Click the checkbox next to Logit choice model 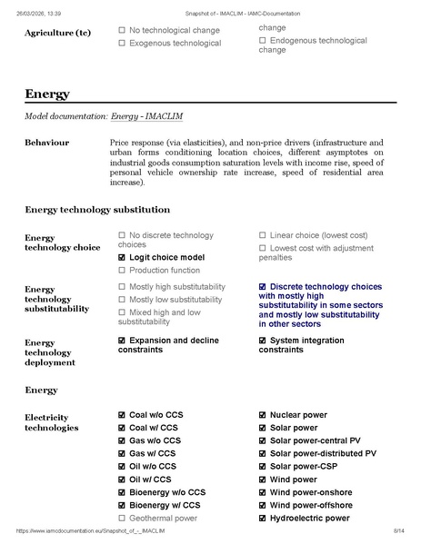click(122, 257)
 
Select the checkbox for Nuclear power click(263, 415)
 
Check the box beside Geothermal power click(122, 518)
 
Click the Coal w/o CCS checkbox click(122, 415)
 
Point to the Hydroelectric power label click(309, 518)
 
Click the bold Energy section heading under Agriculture click(47, 94)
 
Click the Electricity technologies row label click(51, 421)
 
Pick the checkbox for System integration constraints click(263, 341)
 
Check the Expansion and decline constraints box click(122, 341)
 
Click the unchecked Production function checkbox click(122, 270)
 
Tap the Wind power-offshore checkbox click(263, 505)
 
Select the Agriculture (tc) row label click(57, 34)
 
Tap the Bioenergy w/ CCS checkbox click(122, 505)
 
